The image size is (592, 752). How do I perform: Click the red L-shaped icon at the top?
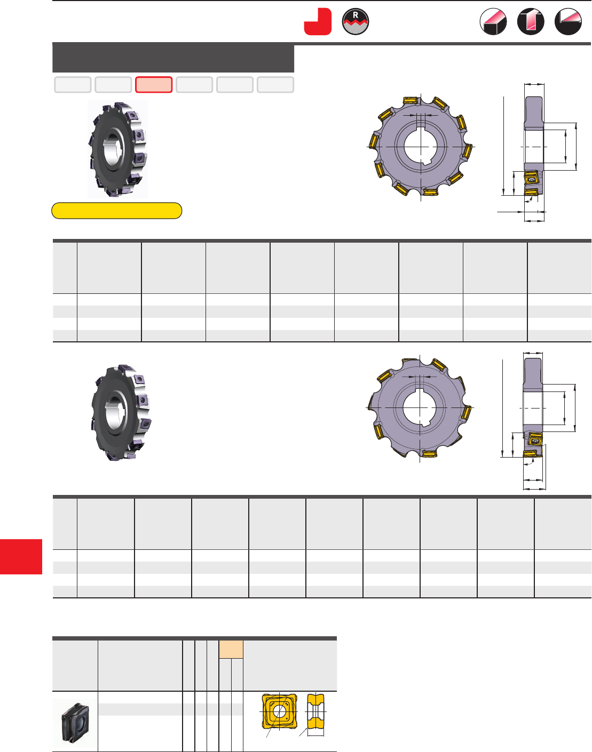[318, 22]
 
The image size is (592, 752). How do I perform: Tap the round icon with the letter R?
[355, 22]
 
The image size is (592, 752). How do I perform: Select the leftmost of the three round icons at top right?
[493, 22]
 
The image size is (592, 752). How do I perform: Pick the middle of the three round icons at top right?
[531, 22]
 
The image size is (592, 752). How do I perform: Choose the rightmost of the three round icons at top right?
[568, 22]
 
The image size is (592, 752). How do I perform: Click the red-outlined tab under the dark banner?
[154, 85]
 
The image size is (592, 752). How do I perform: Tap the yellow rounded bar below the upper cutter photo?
[116, 211]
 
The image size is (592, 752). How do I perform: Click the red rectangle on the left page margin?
[21, 556]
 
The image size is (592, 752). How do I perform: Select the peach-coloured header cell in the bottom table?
[231, 649]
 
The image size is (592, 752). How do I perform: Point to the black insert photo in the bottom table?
[75, 722]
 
